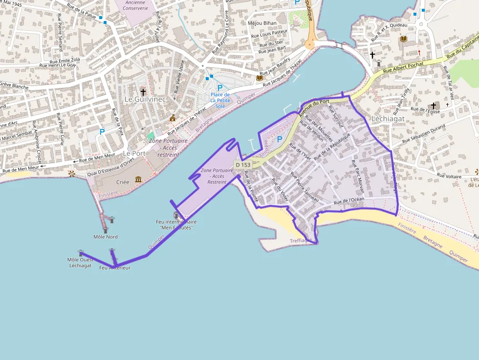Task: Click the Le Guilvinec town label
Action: coord(145,99)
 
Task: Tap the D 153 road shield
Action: coord(242,165)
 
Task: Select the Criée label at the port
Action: coord(123,182)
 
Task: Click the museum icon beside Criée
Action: coord(138,180)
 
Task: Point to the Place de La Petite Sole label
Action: coord(220,100)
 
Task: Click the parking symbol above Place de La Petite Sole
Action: coord(220,87)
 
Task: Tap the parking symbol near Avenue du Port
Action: coord(280,139)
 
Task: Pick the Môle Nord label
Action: coord(106,237)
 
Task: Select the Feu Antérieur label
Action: coord(115,268)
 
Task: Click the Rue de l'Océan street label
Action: coord(349,200)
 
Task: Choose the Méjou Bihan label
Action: coord(262,23)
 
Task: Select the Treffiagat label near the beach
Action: coord(301,241)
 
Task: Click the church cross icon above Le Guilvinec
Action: coord(143,91)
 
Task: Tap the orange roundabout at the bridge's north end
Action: coord(309,44)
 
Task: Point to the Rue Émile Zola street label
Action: coord(62,60)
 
